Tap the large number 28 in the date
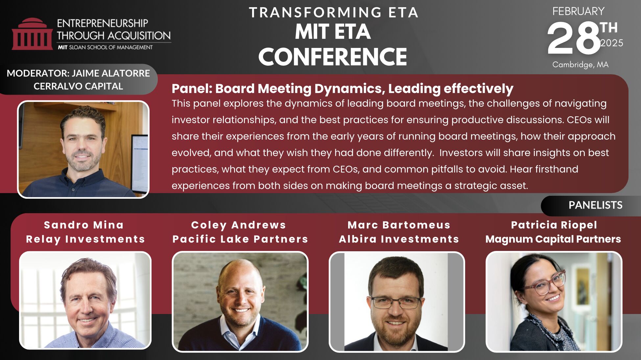pos(574,39)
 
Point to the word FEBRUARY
pos(578,11)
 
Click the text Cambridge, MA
pos(580,65)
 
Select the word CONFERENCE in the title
pos(333,56)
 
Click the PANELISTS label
pos(595,205)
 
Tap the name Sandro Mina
pos(84,225)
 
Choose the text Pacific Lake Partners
pos(240,239)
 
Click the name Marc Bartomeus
pos(399,225)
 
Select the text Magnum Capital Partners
pos(553,239)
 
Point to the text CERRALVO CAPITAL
pos(78,86)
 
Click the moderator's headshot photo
pos(83,149)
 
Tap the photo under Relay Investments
pos(85,300)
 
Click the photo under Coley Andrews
pos(240,302)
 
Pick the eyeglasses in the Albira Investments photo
pos(396,302)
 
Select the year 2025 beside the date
pos(612,43)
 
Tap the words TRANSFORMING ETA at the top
pos(333,12)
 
